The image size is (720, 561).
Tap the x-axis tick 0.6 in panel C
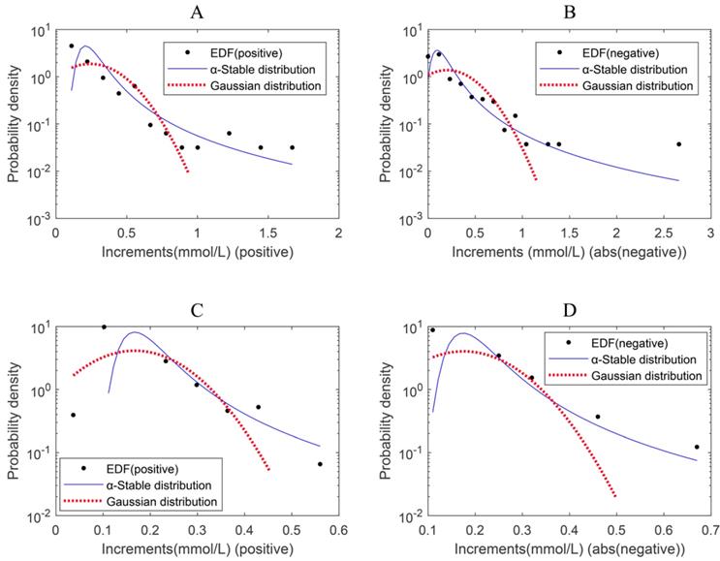click(x=338, y=531)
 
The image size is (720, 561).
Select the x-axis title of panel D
click(x=569, y=550)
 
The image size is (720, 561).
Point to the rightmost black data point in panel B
click(x=678, y=144)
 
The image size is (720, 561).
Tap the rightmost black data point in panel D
click(x=697, y=447)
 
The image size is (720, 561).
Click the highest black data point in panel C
click(x=104, y=327)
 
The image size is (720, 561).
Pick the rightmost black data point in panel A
click(x=292, y=147)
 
